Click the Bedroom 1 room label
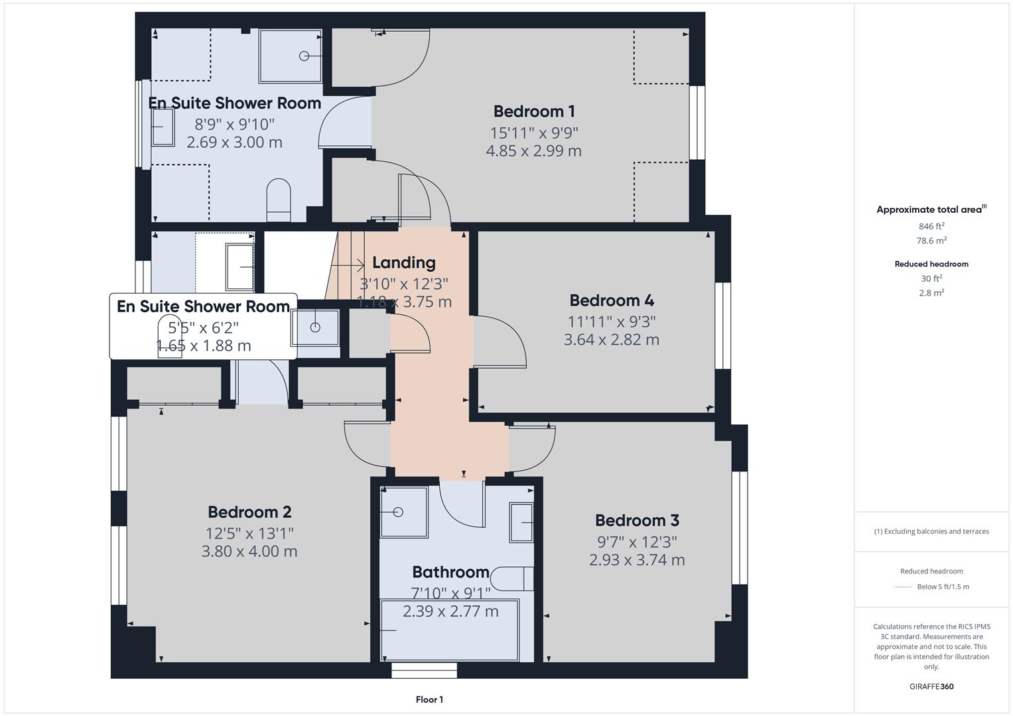[533, 111]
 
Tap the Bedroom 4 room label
[612, 300]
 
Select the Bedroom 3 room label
[637, 520]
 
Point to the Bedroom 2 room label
[249, 512]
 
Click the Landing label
[403, 263]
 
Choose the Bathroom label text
[450, 572]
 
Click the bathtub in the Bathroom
[450, 630]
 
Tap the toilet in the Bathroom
[513, 578]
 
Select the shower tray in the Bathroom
[403, 512]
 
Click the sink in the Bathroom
[521, 522]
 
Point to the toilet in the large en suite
[279, 200]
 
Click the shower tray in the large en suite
[291, 56]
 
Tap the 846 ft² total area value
[931, 226]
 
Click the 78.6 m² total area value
[931, 241]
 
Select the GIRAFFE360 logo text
[931, 686]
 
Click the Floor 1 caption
[429, 699]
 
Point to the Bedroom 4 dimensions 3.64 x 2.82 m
[612, 340]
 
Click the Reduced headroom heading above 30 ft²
[931, 264]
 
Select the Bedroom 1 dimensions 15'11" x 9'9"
[533, 133]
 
